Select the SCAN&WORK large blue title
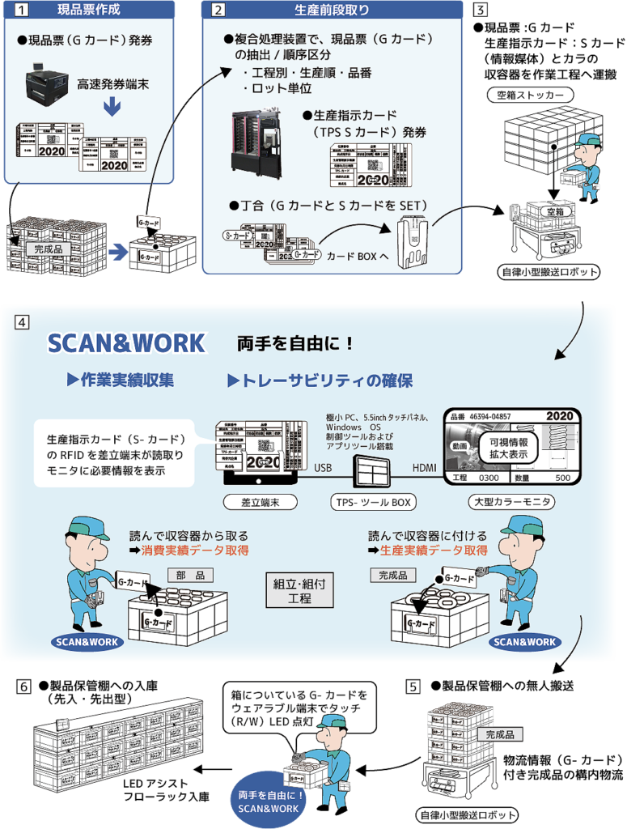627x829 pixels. (126, 343)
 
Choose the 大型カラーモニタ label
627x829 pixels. (511, 502)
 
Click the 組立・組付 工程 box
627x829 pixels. (299, 591)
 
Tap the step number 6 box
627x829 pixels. (23, 687)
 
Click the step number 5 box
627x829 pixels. (413, 687)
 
